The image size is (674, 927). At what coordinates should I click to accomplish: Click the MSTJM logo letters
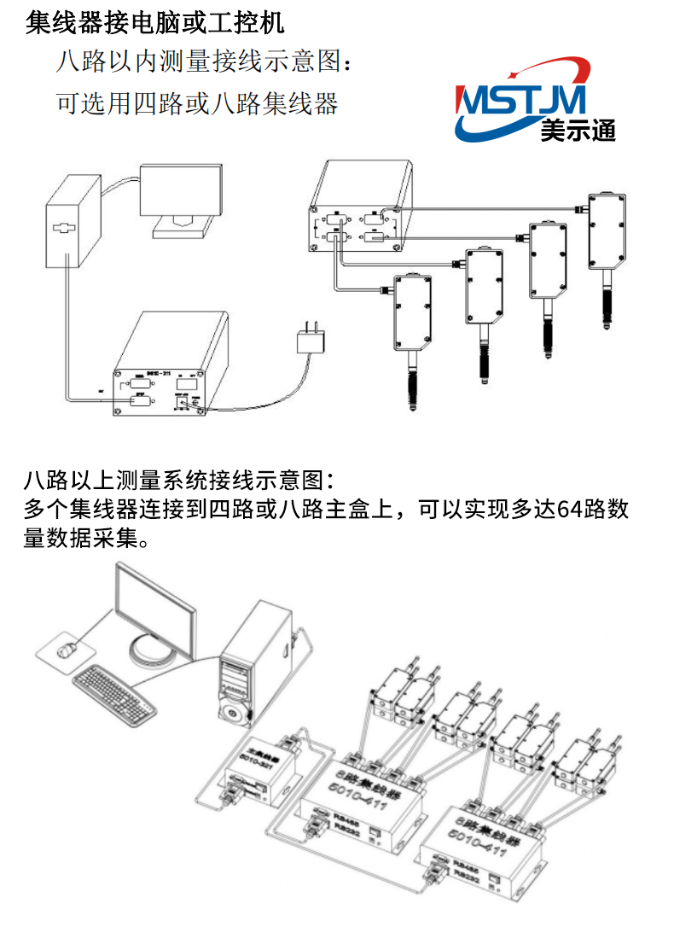coord(521,102)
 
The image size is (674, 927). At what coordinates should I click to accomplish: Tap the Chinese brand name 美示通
coord(577,130)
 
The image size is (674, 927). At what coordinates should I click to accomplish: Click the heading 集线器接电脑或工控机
coord(154,21)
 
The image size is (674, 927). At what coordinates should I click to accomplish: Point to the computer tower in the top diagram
coord(71,221)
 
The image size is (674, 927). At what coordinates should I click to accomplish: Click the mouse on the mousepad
coord(67,650)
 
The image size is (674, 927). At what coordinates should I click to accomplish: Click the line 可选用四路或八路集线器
coord(197,103)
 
